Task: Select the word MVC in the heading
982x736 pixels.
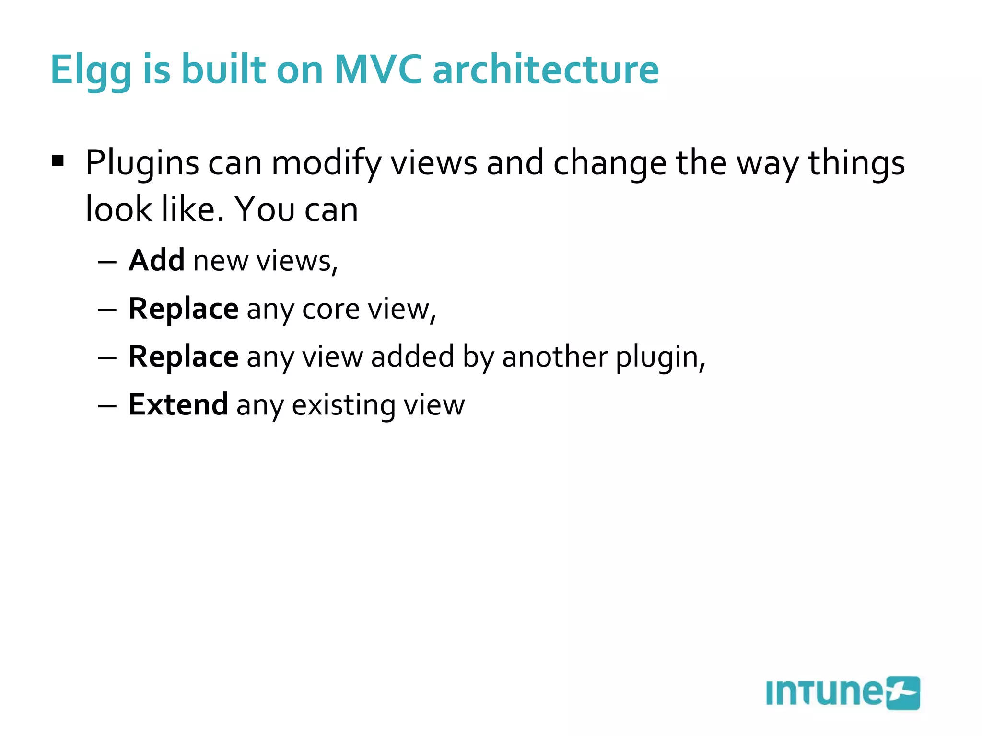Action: pyautogui.click(x=378, y=70)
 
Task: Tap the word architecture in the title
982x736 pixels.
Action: pyautogui.click(x=546, y=70)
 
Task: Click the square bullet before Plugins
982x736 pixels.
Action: pyautogui.click(x=58, y=161)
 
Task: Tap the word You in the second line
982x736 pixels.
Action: pyautogui.click(x=265, y=210)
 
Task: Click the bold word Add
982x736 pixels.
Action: pyautogui.click(x=156, y=261)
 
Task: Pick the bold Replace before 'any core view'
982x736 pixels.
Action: pyautogui.click(x=184, y=309)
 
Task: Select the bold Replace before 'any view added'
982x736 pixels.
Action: pyautogui.click(x=184, y=357)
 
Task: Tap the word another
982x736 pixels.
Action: pyautogui.click(x=554, y=357)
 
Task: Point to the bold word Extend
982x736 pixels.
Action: pyautogui.click(x=178, y=405)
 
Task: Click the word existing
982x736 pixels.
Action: pyautogui.click(x=343, y=405)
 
